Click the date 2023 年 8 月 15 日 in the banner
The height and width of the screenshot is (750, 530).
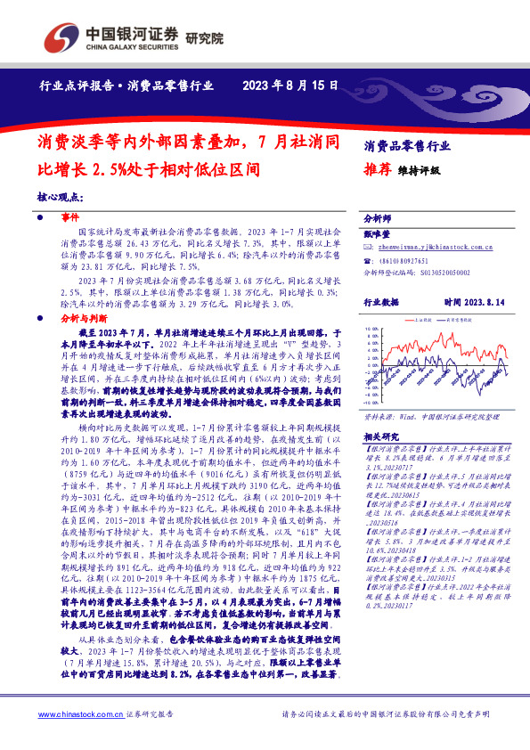point(290,86)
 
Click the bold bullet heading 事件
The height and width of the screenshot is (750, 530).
point(69,217)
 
